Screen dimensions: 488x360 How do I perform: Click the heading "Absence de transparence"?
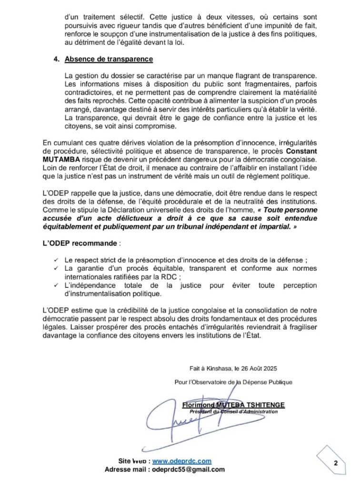109,59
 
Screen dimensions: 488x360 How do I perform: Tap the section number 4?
56,59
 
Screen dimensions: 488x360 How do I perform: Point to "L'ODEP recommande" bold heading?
80,243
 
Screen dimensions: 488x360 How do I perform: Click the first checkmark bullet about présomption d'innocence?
56,260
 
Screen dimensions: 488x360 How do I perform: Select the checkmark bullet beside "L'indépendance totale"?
56,285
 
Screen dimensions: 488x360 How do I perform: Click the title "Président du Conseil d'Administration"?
233,411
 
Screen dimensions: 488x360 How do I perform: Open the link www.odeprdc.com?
182,461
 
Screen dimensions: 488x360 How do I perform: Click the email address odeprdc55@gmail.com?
188,469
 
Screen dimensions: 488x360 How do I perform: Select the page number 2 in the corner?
335,463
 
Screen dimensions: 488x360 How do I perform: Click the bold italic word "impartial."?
280,227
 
